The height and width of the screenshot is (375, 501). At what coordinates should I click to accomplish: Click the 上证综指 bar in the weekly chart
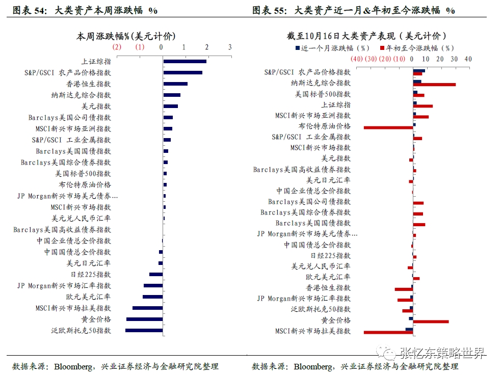(184, 61)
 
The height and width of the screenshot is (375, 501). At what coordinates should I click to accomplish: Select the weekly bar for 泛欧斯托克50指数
(144, 330)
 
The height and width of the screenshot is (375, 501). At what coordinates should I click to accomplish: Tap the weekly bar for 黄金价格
(145, 319)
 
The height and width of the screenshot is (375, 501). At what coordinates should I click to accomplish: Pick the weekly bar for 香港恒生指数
(175, 84)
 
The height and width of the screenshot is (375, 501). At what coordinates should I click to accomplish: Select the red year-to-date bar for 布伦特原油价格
(388, 127)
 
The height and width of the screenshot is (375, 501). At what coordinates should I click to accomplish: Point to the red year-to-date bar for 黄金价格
(431, 322)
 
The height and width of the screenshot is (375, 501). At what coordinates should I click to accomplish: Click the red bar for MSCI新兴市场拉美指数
(388, 332)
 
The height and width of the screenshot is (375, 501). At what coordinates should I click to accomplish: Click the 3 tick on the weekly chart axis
(230, 47)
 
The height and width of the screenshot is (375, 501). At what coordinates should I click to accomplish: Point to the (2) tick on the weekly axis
(117, 47)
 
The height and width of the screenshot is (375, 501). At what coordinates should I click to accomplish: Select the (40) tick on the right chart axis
(356, 59)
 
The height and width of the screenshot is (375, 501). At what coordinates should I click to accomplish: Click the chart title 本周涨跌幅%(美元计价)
(126, 36)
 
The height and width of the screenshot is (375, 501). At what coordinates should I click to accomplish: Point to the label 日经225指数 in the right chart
(331, 255)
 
